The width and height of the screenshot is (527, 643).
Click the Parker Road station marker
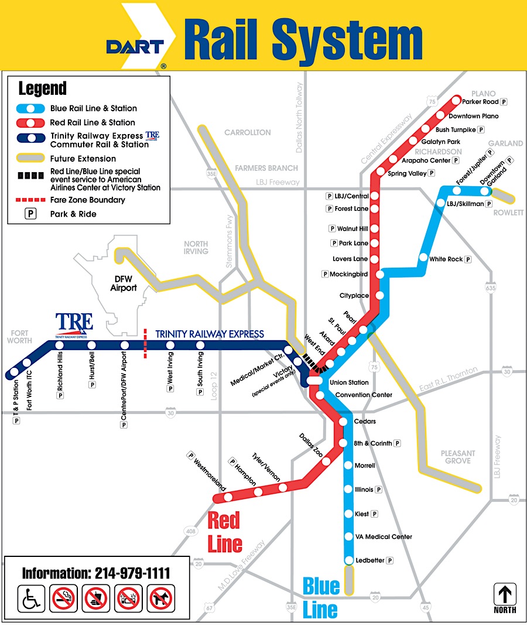[456, 100]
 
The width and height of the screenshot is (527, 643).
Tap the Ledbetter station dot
[349, 560]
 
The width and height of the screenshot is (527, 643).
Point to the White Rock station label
[446, 259]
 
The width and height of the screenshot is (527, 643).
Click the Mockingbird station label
[350, 274]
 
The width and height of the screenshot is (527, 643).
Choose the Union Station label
[349, 382]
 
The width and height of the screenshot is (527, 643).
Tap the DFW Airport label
[124, 283]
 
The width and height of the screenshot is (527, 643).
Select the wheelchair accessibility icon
[31, 598]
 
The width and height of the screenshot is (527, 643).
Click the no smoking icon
[64, 598]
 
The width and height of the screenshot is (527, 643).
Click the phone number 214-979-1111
[96, 573]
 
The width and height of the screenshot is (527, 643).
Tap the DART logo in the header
[135, 46]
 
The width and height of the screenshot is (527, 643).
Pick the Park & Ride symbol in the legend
[30, 214]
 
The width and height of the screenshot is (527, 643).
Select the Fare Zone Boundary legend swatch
[30, 200]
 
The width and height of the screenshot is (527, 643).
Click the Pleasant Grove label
[457, 457]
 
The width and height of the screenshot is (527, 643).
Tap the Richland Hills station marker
[60, 345]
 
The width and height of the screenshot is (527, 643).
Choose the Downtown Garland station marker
[484, 190]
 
